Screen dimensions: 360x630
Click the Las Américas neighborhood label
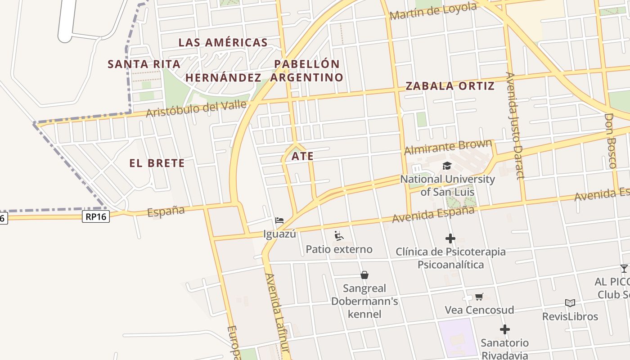pos(223,43)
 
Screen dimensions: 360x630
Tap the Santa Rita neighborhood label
pos(144,64)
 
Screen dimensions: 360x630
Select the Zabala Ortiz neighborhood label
pos(450,86)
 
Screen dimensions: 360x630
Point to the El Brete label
pos(157,163)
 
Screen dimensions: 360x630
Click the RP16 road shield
pos(96,217)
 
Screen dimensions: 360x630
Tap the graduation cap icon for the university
pos(447,166)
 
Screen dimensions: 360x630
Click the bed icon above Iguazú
pos(279,220)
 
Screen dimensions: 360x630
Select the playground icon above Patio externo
pos(339,236)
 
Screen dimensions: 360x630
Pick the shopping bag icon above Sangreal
pos(364,274)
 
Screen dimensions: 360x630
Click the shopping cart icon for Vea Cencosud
pos(479,297)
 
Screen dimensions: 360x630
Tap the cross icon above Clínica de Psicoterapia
pos(450,238)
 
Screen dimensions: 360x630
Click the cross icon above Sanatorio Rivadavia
pos(505,329)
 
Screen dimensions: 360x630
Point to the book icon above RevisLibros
pos(570,303)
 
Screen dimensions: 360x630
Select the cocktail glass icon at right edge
pos(624,269)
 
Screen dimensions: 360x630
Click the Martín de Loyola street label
pos(433,11)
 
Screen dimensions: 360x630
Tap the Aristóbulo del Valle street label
pos(197,108)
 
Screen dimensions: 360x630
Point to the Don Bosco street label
pos(610,140)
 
